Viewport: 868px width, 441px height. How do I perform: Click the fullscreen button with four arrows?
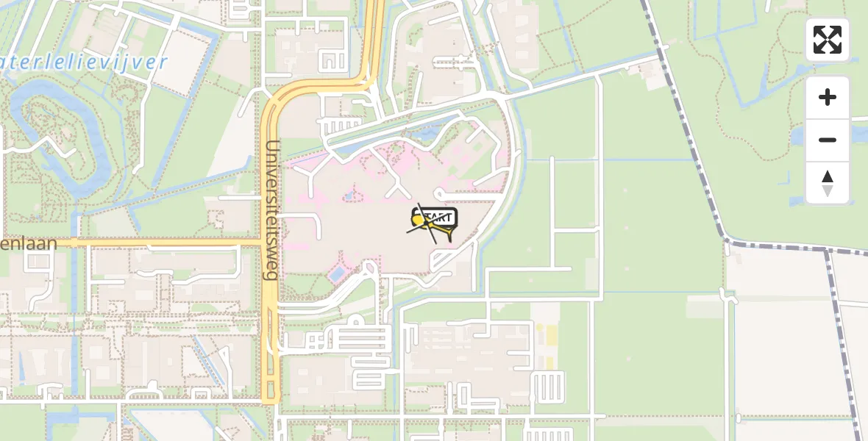[x=828, y=40]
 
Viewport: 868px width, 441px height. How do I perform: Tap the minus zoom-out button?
[x=828, y=140]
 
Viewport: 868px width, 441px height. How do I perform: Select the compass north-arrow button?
[x=828, y=183]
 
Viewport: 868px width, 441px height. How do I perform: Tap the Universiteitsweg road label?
[x=271, y=209]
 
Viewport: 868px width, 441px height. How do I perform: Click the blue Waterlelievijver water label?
[x=85, y=62]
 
